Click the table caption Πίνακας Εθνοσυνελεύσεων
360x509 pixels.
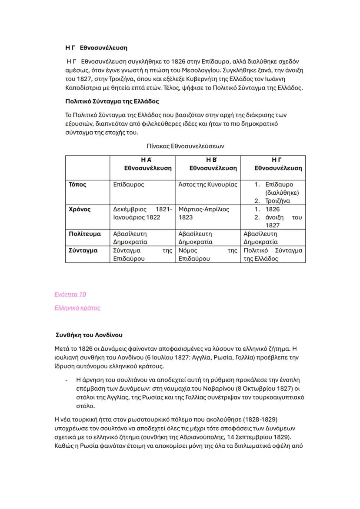(185, 146)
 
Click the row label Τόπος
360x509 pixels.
(77, 185)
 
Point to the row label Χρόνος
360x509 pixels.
(80, 210)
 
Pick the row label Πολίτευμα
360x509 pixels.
(85, 234)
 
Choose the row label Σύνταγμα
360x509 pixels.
(83, 250)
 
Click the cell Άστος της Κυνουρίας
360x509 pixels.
(208, 185)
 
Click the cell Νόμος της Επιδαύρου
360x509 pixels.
(207, 254)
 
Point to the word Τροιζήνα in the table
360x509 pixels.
(277, 201)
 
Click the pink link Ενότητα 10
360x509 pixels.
(70, 295)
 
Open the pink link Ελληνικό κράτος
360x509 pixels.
(77, 308)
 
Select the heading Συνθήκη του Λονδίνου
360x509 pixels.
(89, 335)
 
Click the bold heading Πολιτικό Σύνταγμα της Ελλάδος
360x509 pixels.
(112, 101)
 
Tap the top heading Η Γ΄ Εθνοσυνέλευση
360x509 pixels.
(96, 48)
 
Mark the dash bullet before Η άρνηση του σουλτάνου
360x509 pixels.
(67, 379)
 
